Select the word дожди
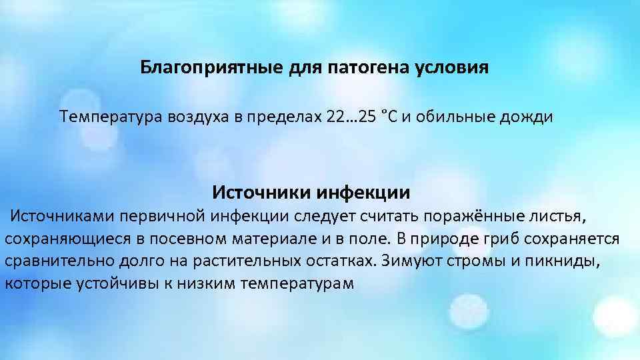coord(529,117)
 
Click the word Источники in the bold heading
coord(254,193)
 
